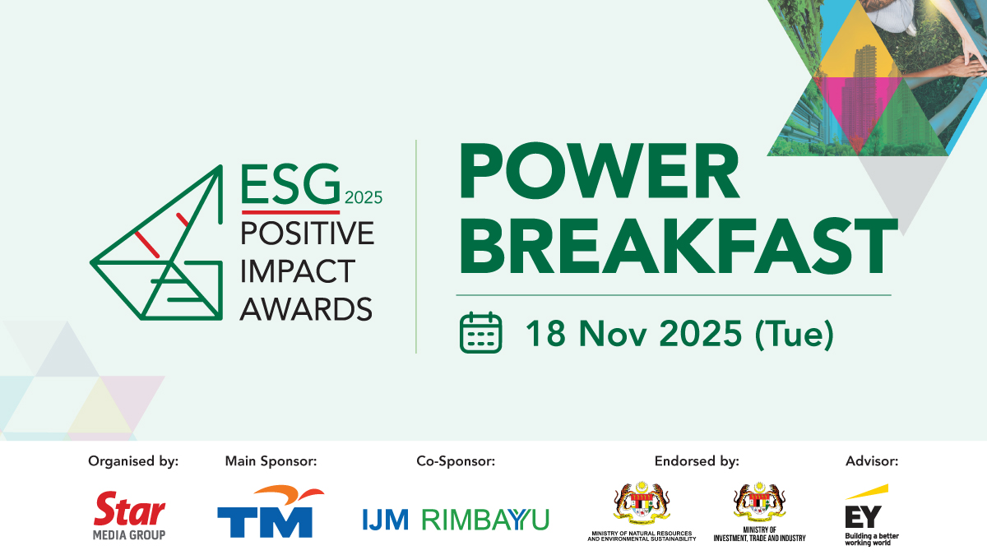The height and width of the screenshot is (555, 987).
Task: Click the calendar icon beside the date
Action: pyautogui.click(x=480, y=332)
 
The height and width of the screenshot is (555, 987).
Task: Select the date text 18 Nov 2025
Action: pyautogui.click(x=633, y=334)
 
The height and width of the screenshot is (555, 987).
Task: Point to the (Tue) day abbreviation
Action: pyautogui.click(x=795, y=335)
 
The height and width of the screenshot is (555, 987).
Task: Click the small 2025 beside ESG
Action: pyautogui.click(x=364, y=198)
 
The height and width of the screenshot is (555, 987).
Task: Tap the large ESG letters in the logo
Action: pyautogui.click(x=291, y=183)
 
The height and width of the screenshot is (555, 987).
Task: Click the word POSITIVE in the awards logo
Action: pyautogui.click(x=307, y=233)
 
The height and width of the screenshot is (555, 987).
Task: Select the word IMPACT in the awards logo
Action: pyautogui.click(x=298, y=271)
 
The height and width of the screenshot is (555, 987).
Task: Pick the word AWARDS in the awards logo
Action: pyautogui.click(x=306, y=308)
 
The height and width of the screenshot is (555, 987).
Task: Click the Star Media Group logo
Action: pyautogui.click(x=130, y=516)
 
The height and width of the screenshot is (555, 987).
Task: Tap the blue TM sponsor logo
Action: pyautogui.click(x=271, y=511)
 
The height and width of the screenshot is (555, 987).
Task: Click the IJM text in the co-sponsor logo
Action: pyautogui.click(x=386, y=520)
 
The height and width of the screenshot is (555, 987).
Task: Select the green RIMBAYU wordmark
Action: pyautogui.click(x=485, y=520)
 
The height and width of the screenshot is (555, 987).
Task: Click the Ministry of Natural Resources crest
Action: pyautogui.click(x=642, y=503)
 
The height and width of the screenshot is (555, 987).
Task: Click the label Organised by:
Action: pyautogui.click(x=133, y=461)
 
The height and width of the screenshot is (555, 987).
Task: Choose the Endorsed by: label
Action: pyautogui.click(x=697, y=461)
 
